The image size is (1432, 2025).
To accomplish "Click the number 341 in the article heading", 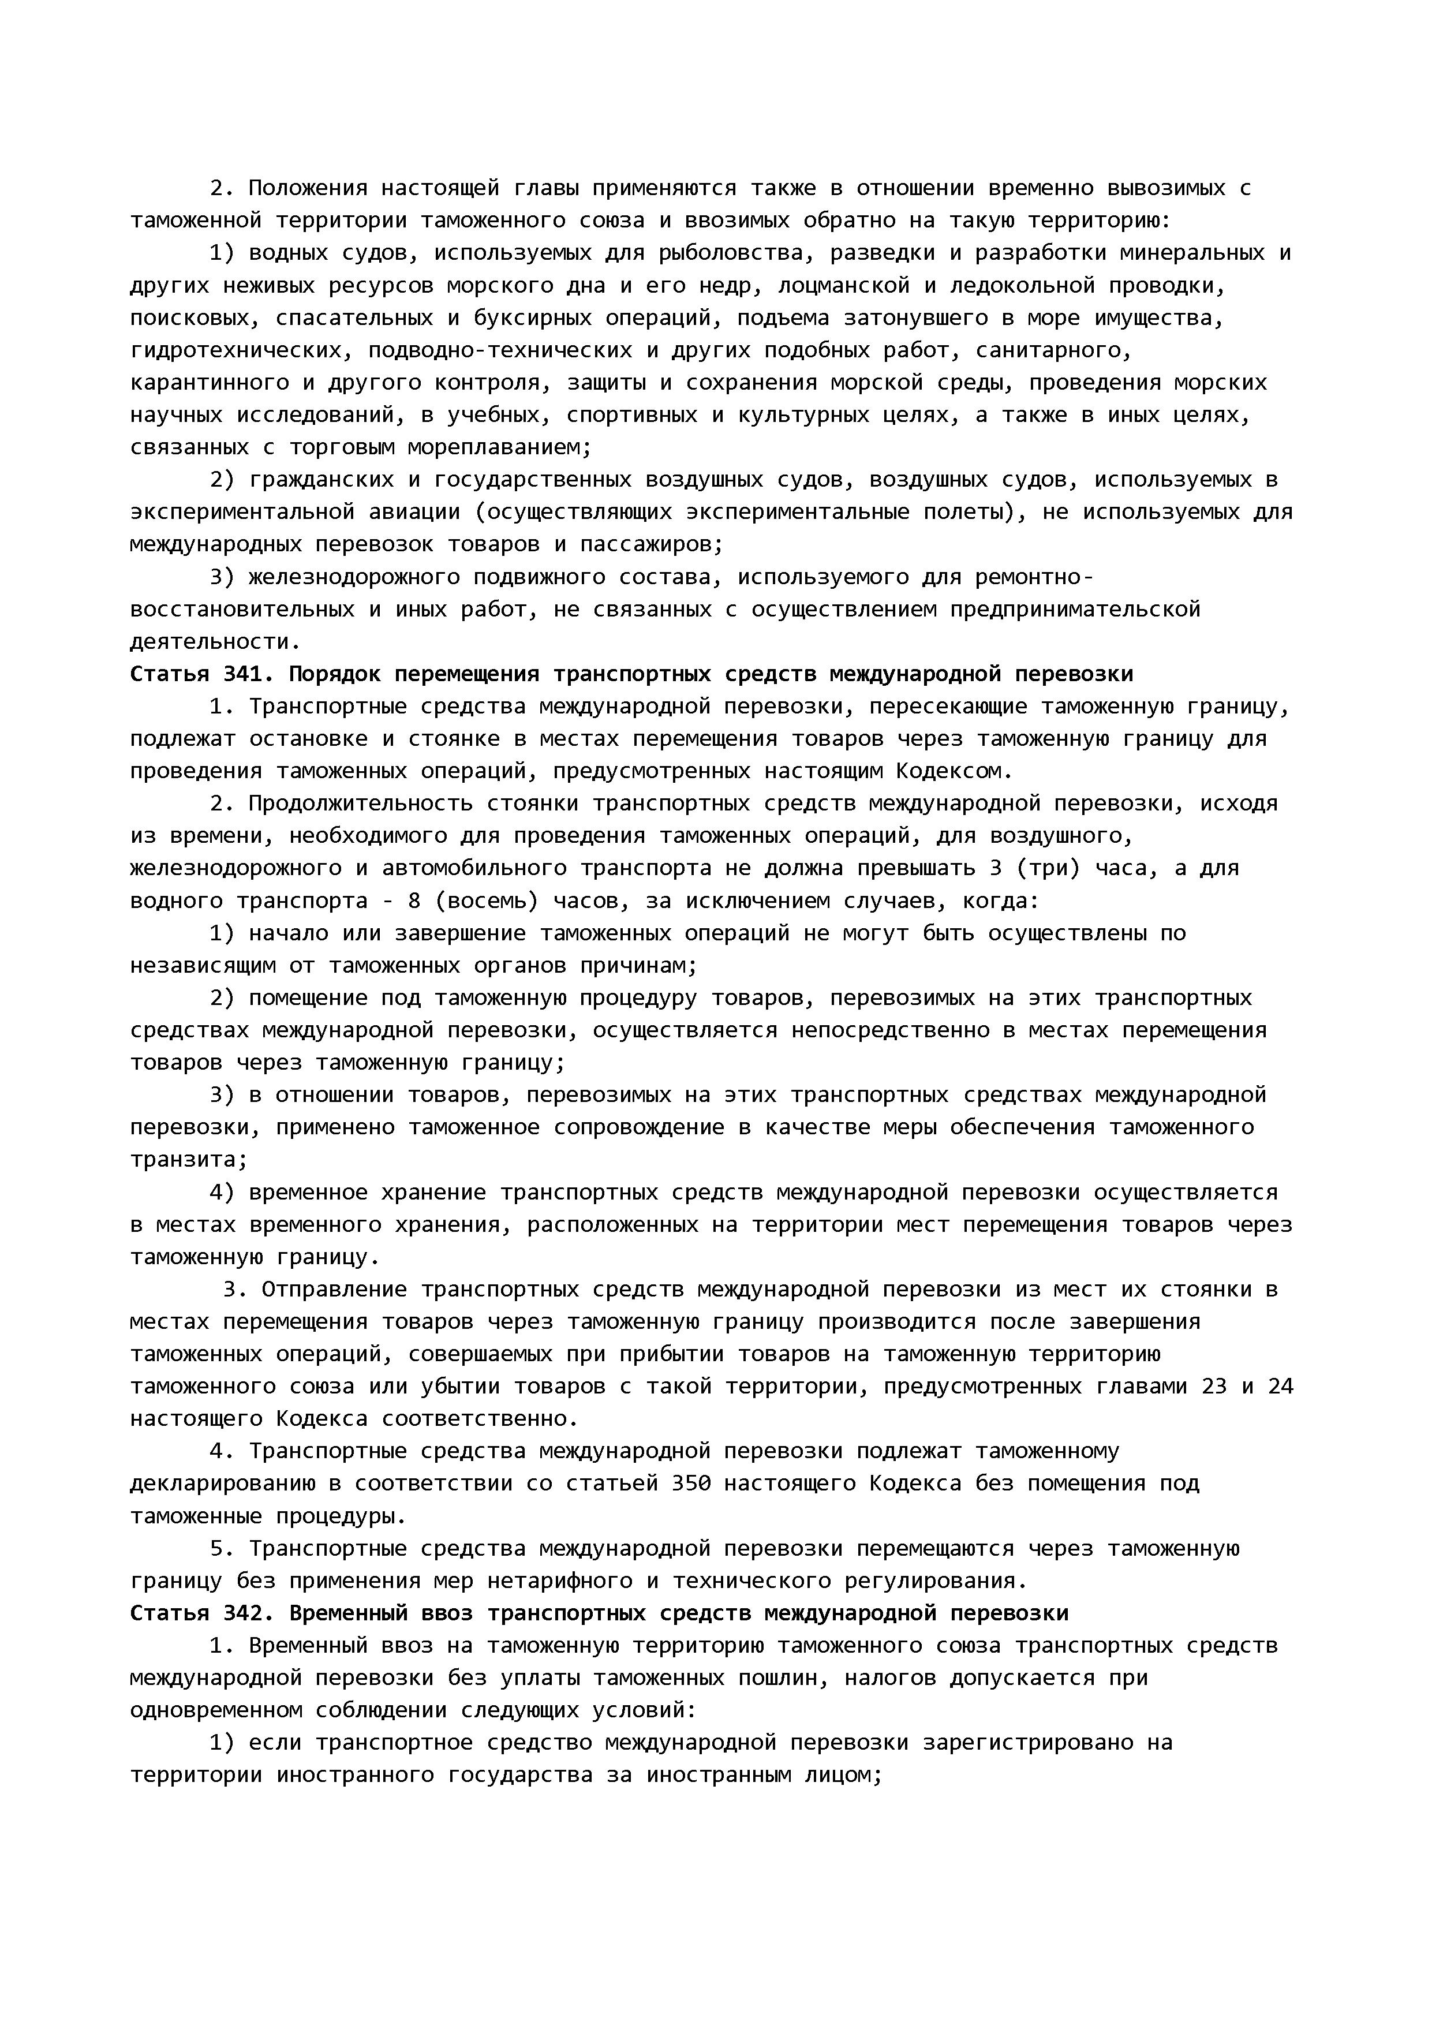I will point(242,675).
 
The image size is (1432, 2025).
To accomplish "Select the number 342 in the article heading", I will point(242,1613).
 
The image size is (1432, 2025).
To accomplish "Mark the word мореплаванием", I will point(498,447).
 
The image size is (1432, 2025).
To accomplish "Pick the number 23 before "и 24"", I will point(1214,1387).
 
